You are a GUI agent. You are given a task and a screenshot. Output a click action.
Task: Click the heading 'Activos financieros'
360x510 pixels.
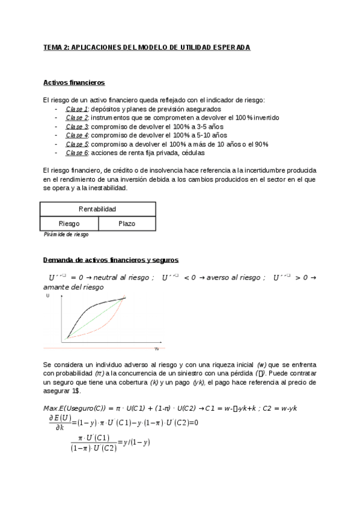click(75, 82)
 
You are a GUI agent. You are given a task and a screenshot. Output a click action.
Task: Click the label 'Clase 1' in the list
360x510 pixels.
click(77, 109)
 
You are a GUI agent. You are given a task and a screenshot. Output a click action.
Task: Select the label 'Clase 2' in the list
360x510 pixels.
click(77, 118)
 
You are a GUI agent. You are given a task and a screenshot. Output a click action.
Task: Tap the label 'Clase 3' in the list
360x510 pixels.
click(77, 127)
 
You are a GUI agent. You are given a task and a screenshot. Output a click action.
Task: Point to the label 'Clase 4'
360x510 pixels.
click(77, 135)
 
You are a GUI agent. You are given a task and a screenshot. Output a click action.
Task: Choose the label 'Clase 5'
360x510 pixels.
click(77, 144)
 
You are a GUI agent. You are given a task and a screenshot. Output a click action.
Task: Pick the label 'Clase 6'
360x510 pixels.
click(77, 153)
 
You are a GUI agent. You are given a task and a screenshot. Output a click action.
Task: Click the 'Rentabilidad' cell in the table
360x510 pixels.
click(97, 209)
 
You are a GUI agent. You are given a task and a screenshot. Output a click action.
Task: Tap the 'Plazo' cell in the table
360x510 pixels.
click(127, 224)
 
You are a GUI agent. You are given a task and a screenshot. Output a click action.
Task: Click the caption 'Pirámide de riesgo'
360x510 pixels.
click(66, 235)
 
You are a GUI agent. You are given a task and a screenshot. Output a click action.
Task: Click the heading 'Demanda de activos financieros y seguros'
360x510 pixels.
click(111, 260)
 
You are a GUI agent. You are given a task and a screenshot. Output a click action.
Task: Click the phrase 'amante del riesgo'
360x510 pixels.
click(69, 287)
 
